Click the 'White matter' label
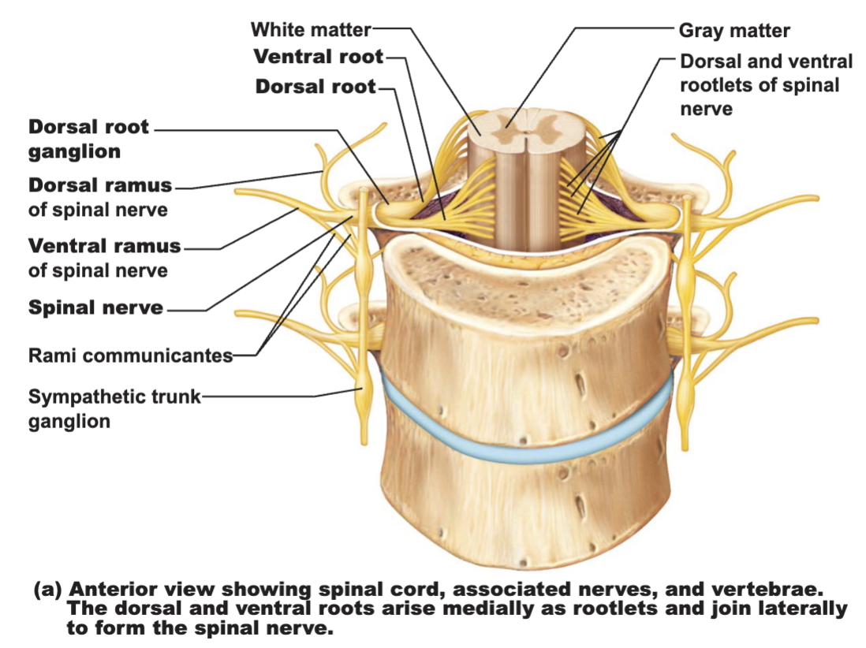coord(311,30)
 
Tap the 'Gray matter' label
coord(734,31)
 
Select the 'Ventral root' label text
coord(318,56)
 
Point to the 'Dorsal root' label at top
coord(315,87)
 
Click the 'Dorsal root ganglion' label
coord(88,139)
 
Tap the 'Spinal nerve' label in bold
coord(95,307)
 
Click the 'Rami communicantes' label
coord(130,356)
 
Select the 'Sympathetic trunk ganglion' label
coord(114,409)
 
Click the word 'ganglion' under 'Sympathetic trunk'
coord(69,422)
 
